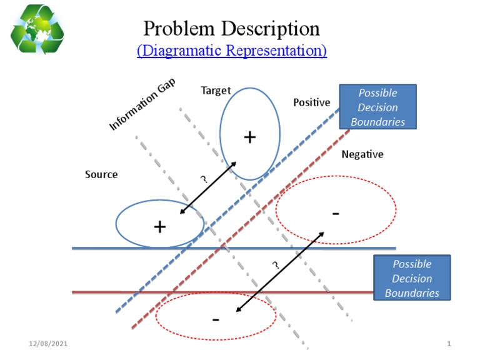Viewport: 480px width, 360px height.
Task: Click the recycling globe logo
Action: click(37, 29)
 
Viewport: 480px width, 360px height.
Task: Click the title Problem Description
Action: click(231, 28)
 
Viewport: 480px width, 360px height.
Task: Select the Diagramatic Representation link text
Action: click(231, 50)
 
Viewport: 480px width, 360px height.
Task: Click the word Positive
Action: click(311, 102)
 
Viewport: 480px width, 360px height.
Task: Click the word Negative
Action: click(362, 154)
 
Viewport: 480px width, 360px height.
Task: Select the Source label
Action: click(101, 174)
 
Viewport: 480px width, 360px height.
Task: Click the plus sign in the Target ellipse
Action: click(250, 137)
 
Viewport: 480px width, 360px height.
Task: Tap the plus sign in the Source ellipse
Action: click(160, 226)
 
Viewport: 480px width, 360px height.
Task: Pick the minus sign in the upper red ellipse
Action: click(336, 214)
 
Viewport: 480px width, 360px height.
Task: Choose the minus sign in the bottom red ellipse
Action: click(216, 319)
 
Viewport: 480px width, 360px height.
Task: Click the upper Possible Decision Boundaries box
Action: click(377, 107)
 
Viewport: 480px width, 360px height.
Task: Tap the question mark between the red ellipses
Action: click(275, 266)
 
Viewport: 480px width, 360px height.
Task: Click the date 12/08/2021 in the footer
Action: click(49, 344)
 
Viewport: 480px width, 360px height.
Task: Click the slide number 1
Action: click(449, 344)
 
